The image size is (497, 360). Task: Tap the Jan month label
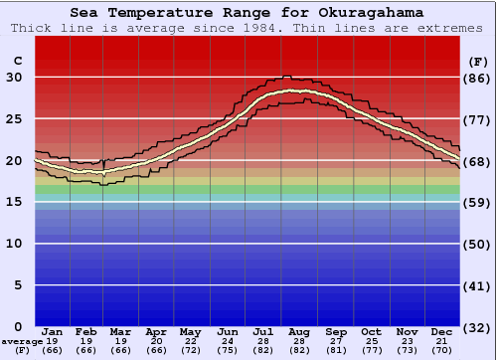click(x=53, y=331)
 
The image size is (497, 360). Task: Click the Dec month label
click(x=442, y=331)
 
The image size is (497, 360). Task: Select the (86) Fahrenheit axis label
click(x=478, y=78)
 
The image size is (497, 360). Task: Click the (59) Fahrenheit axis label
click(x=478, y=202)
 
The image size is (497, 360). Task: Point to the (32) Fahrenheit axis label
click(x=478, y=327)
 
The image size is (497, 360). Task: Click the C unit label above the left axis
click(x=17, y=61)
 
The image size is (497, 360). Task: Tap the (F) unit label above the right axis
click(x=477, y=61)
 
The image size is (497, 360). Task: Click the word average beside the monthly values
click(x=22, y=341)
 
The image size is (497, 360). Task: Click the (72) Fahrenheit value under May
click(x=193, y=350)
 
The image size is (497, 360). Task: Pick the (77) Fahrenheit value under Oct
click(x=372, y=350)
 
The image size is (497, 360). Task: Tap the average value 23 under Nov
click(x=408, y=341)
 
